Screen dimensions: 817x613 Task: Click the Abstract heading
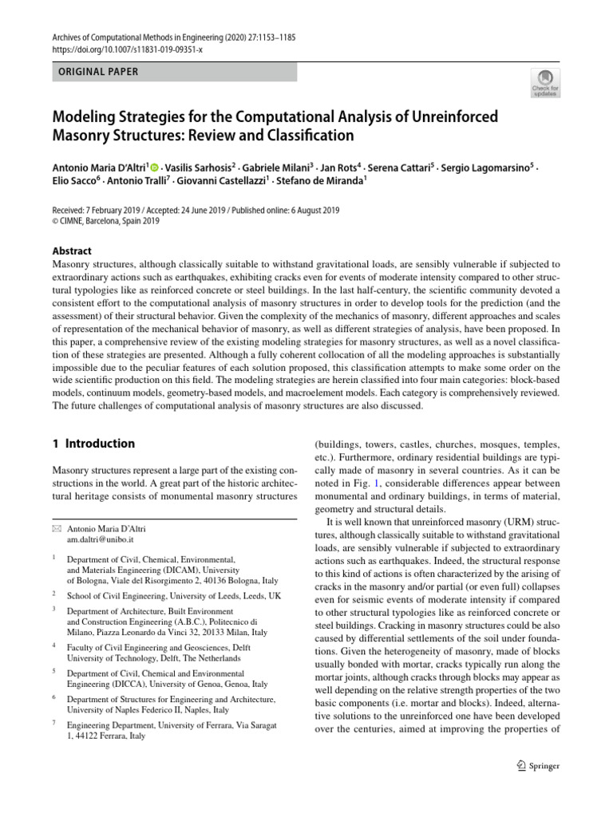[72, 250]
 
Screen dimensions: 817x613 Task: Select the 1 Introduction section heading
[93, 444]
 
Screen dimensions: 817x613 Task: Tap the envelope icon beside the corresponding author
[56, 530]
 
